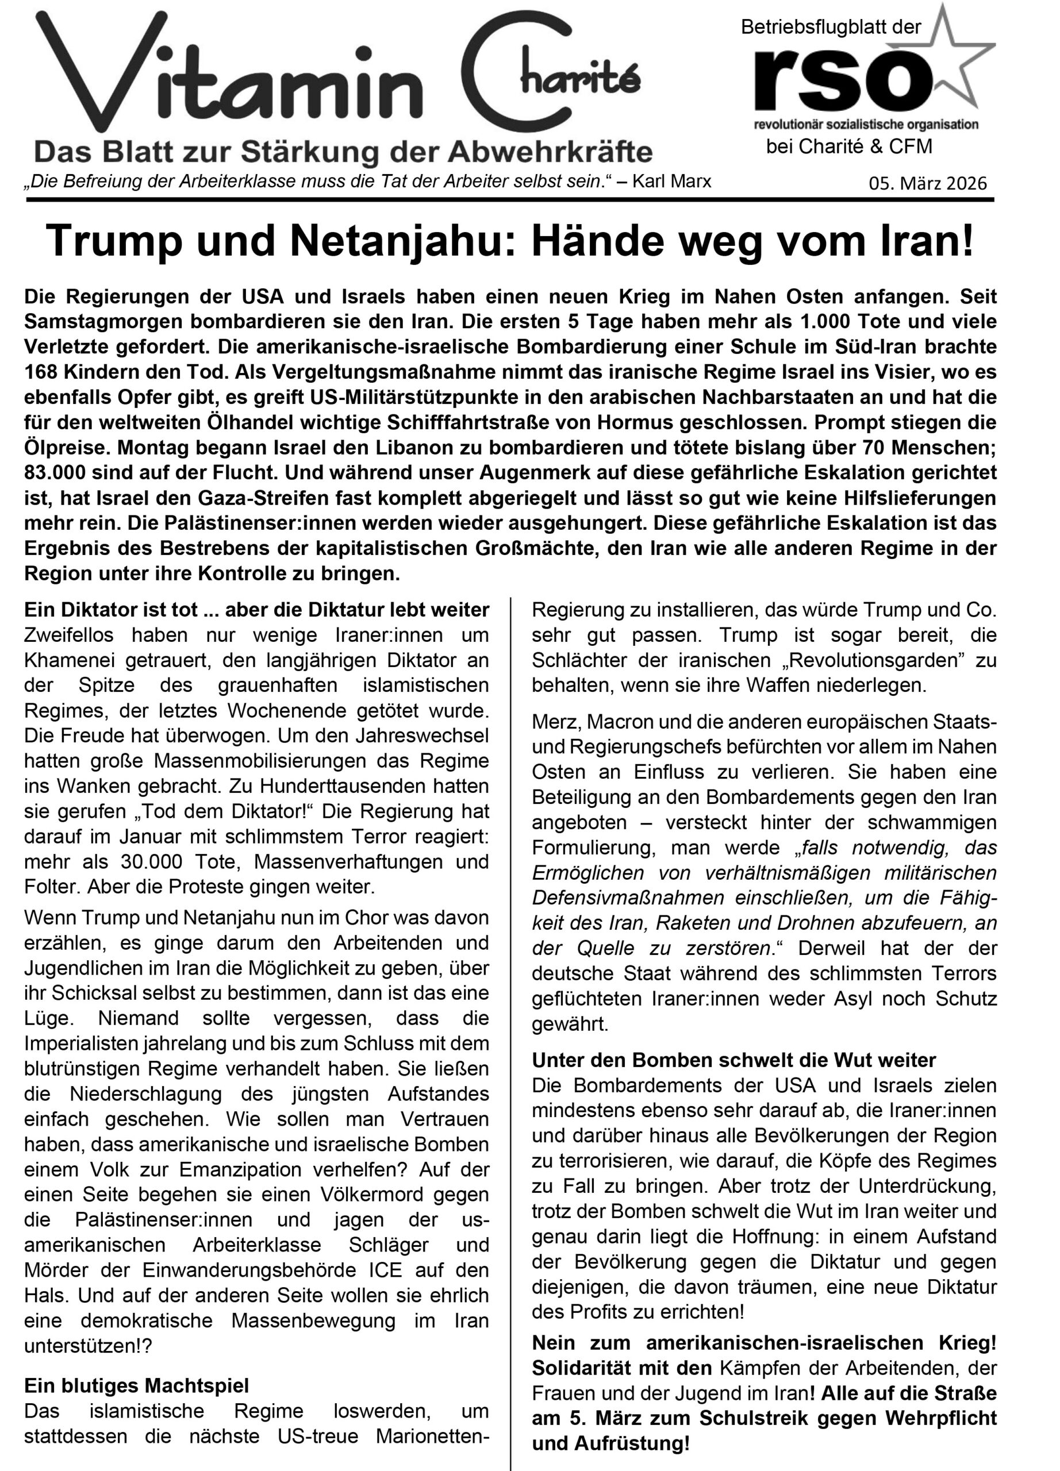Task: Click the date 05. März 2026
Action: [x=927, y=183]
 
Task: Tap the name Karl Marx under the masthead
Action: [x=671, y=181]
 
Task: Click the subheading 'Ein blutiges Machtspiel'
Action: [x=136, y=1385]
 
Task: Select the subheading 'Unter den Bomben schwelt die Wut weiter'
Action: [x=733, y=1060]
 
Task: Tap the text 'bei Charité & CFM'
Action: [x=848, y=147]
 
